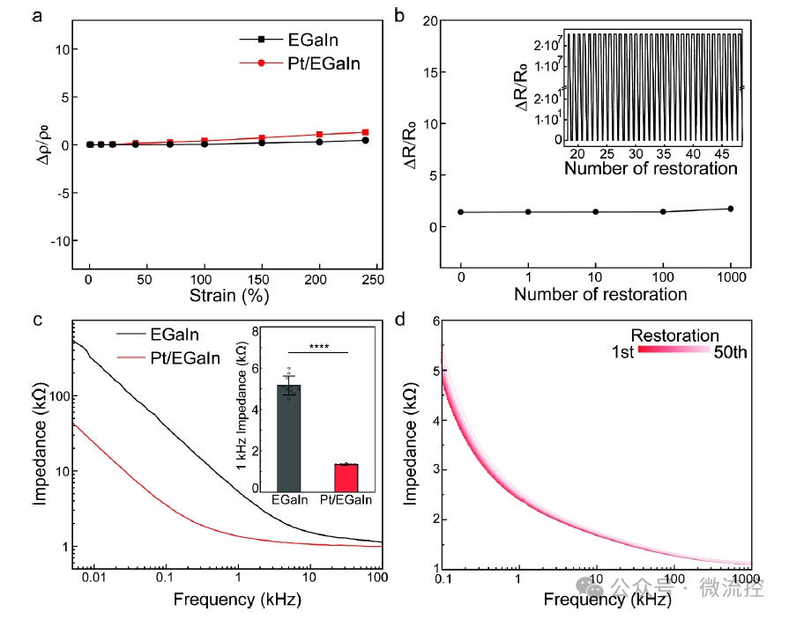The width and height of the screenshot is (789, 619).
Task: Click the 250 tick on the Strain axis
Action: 376,279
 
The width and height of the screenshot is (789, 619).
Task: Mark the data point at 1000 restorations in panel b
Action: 730,209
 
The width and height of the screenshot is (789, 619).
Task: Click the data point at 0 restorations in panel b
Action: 461,212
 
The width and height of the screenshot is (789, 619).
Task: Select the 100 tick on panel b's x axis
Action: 663,276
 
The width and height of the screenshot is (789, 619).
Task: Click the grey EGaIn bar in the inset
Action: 288,437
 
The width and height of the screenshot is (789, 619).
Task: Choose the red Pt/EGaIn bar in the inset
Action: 346,476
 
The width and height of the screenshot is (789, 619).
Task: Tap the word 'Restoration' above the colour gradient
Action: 674,335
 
